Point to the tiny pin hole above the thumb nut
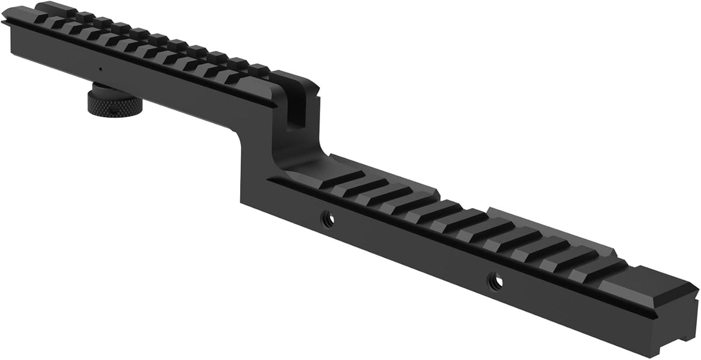(x=100, y=69)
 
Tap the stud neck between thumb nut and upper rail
(x=105, y=88)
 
